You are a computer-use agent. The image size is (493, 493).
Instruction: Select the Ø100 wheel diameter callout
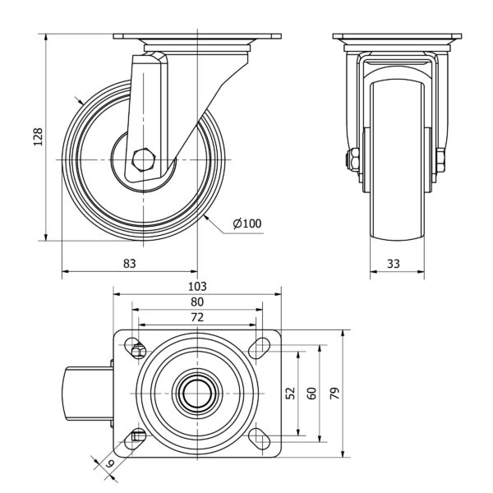click(246, 223)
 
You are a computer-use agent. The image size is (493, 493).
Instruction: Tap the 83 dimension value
click(129, 263)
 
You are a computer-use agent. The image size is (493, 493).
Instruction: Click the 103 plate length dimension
click(197, 286)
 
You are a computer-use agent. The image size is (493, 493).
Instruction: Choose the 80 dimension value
click(197, 302)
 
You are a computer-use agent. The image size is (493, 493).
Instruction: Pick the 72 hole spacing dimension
click(197, 316)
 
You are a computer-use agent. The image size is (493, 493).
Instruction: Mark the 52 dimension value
click(289, 393)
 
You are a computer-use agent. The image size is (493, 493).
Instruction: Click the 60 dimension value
click(311, 393)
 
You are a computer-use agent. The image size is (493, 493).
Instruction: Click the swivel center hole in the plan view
click(197, 393)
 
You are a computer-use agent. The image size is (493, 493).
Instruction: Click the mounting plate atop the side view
click(197, 39)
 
